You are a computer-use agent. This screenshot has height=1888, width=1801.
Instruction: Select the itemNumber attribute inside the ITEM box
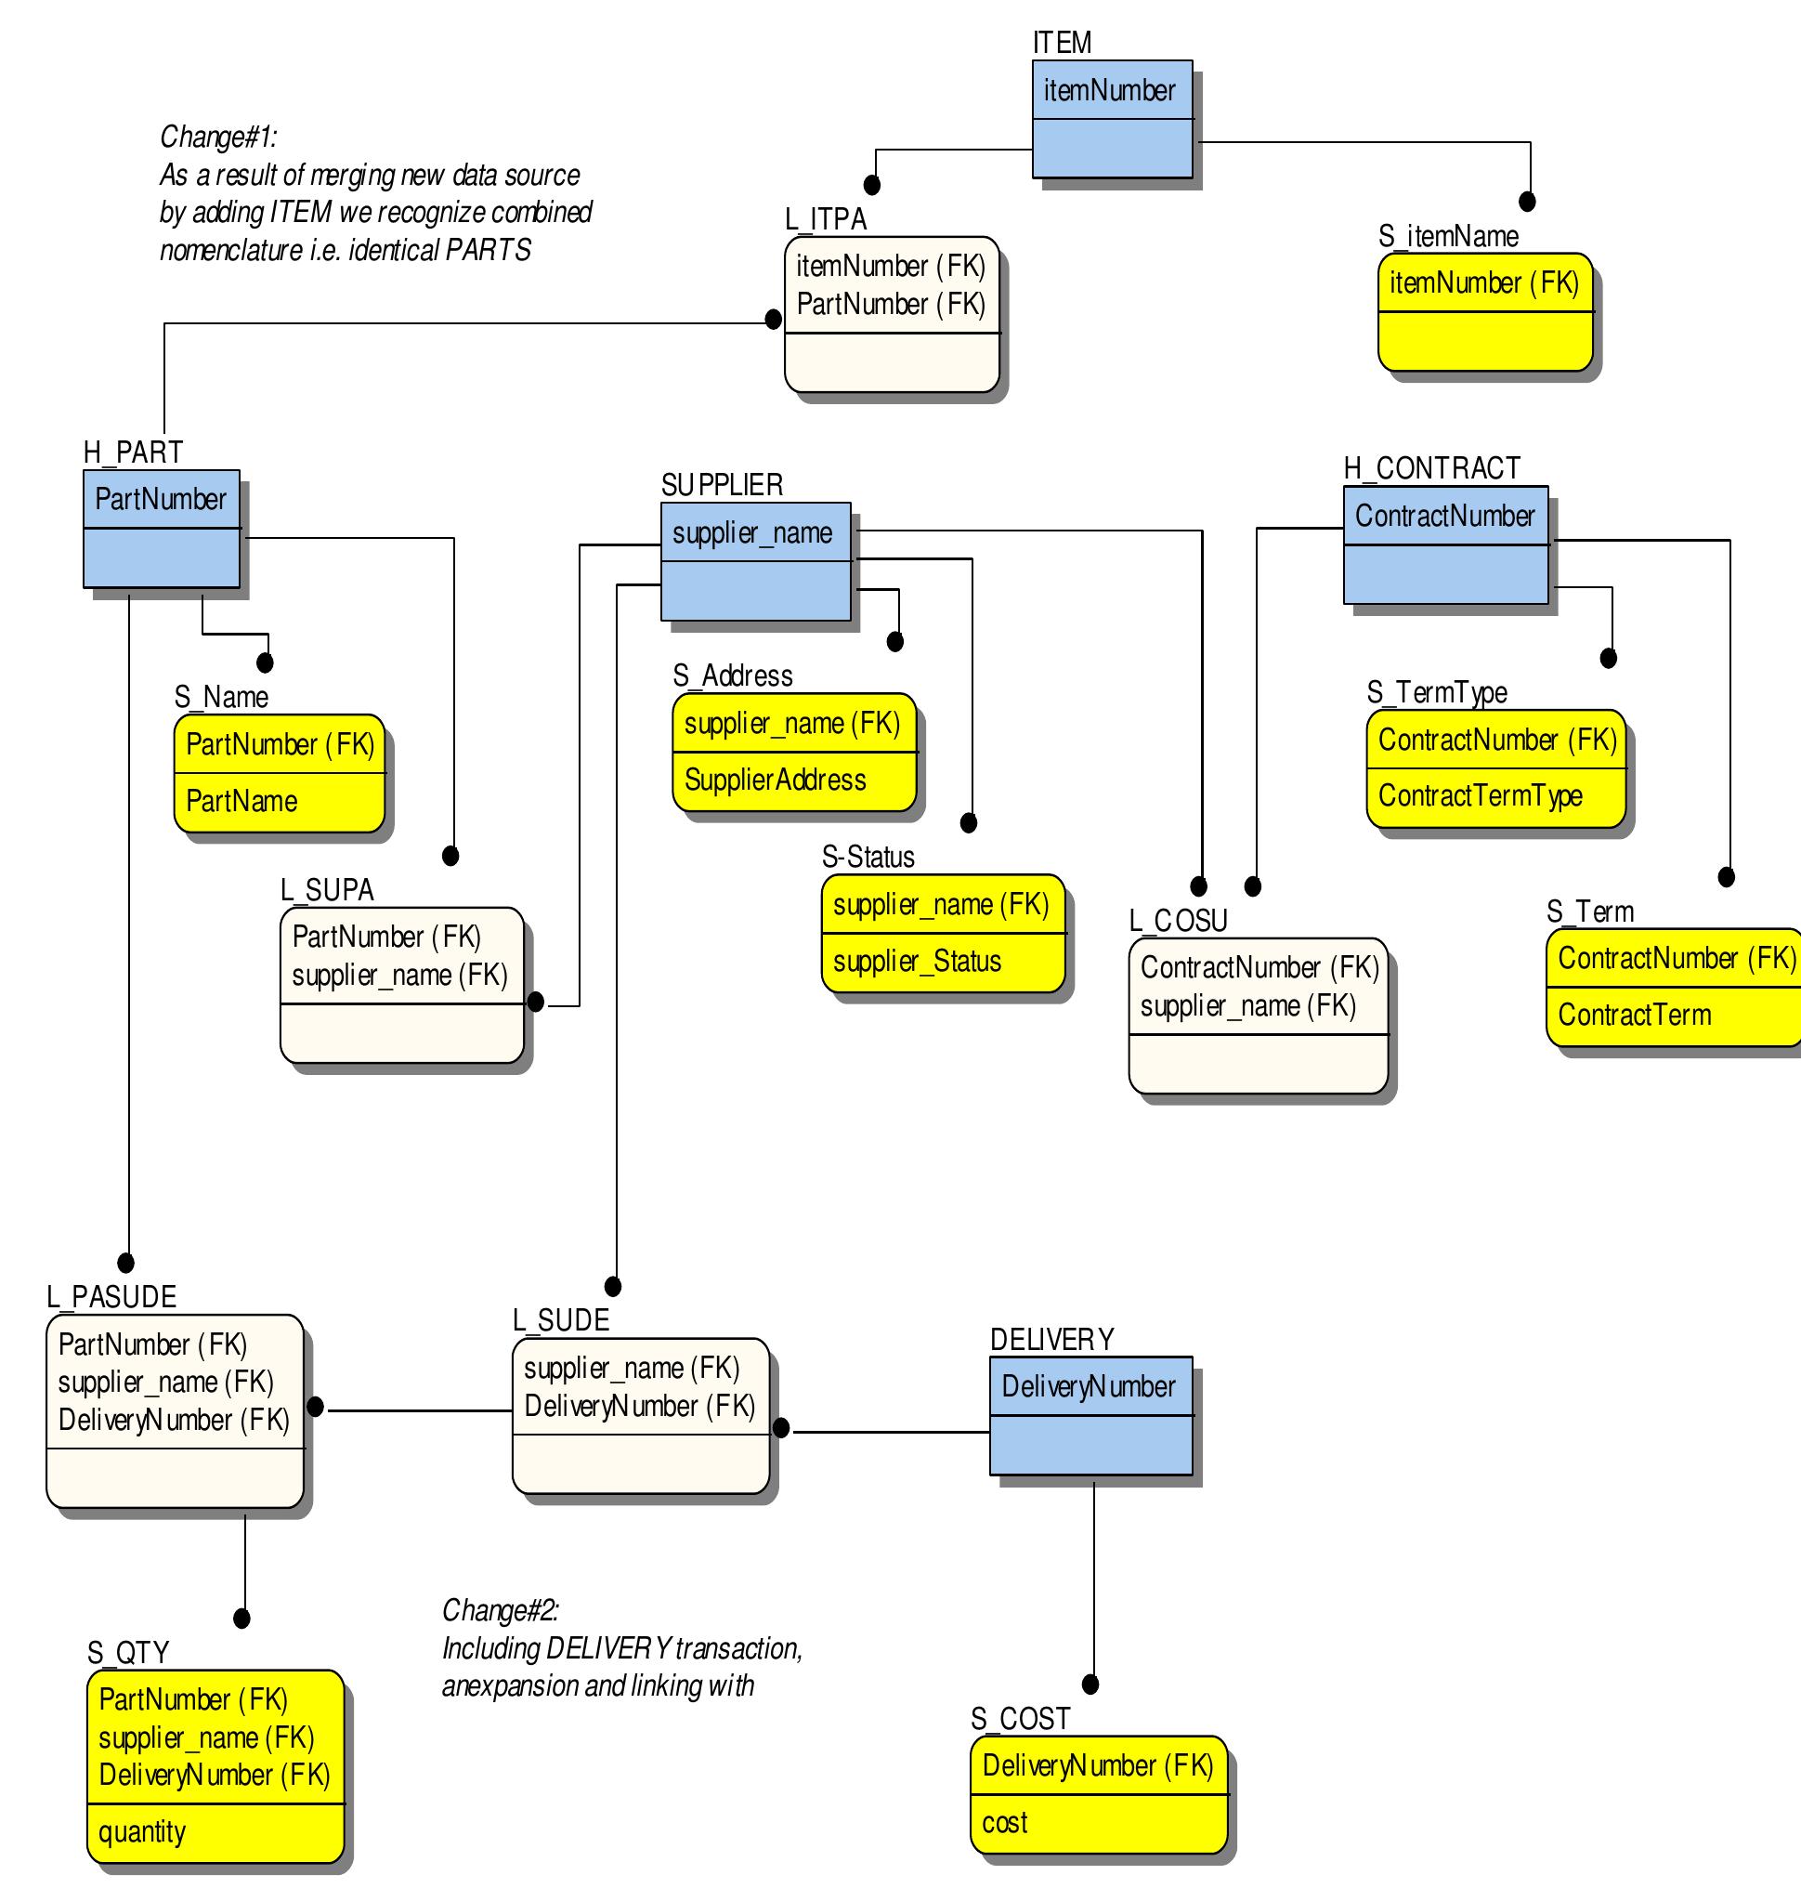pyautogui.click(x=1109, y=90)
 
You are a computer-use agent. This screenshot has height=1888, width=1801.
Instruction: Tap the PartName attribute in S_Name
pyautogui.click(x=241, y=801)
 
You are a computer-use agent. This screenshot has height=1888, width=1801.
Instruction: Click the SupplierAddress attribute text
pyautogui.click(x=775, y=780)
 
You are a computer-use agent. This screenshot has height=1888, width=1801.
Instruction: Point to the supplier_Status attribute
pyautogui.click(x=917, y=962)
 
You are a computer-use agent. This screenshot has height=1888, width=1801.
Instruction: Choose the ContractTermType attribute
pyautogui.click(x=1481, y=795)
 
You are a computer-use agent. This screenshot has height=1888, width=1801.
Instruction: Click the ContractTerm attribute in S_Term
pyautogui.click(x=1634, y=1014)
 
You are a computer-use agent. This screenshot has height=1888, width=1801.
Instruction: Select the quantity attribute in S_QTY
pyautogui.click(x=142, y=1831)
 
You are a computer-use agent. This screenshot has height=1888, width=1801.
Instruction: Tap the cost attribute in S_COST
pyautogui.click(x=1004, y=1822)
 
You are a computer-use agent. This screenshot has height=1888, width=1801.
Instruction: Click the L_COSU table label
pyautogui.click(x=1178, y=920)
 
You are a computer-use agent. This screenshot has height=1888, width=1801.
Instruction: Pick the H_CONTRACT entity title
pyautogui.click(x=1431, y=467)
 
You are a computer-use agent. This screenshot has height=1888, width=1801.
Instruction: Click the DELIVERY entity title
pyautogui.click(x=1052, y=1339)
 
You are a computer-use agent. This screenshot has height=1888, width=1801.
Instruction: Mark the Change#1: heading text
pyautogui.click(x=219, y=137)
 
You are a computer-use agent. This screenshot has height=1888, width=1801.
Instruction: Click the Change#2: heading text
pyautogui.click(x=500, y=1609)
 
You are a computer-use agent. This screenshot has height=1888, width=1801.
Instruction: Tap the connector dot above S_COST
pyautogui.click(x=1090, y=1685)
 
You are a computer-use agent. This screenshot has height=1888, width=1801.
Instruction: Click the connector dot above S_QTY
pyautogui.click(x=241, y=1619)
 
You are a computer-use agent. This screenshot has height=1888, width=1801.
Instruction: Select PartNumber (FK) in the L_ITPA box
pyautogui.click(x=891, y=305)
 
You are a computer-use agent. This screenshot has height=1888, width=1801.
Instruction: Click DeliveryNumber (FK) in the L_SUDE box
pyautogui.click(x=639, y=1406)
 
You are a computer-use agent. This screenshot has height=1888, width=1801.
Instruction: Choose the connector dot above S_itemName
pyautogui.click(x=1527, y=201)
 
